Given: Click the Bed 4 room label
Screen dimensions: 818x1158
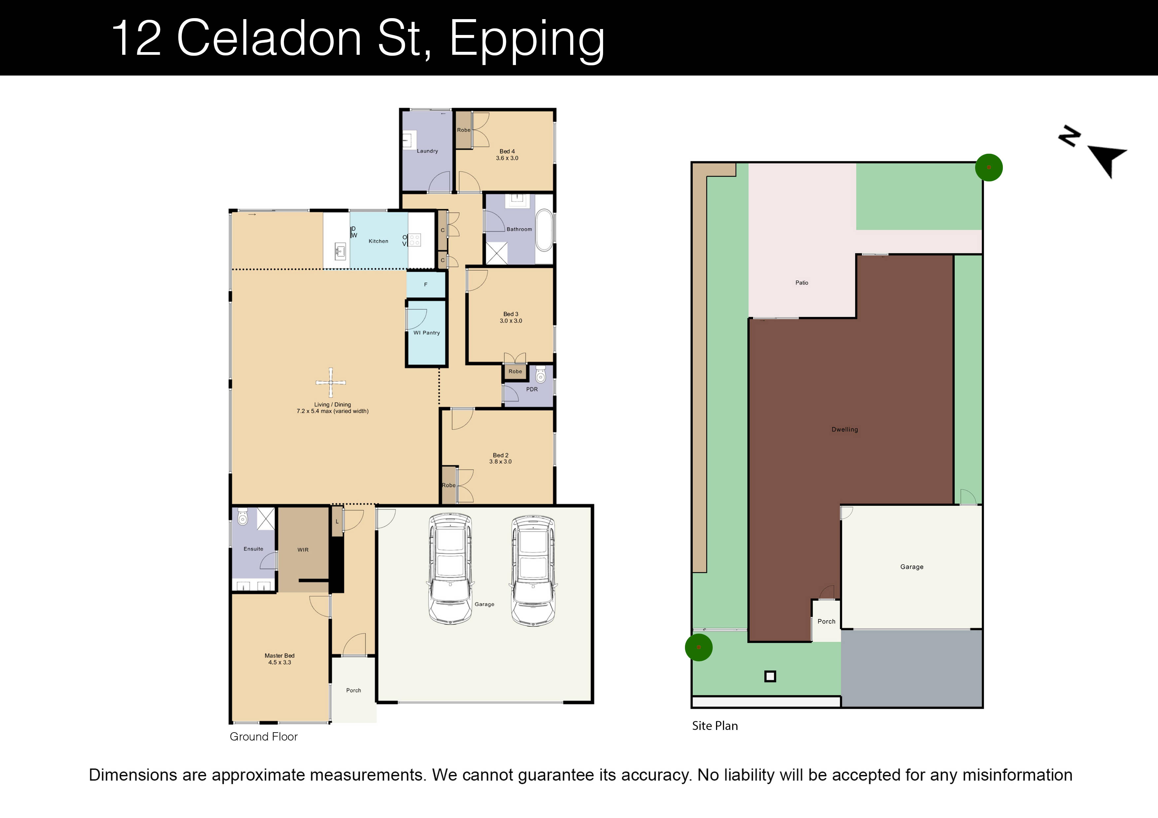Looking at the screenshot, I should click(507, 155).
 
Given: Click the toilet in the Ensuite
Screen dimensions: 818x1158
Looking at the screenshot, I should click(243, 517).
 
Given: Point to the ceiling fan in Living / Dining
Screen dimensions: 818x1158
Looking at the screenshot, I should click(331, 383).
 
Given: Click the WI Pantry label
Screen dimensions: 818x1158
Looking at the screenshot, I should click(427, 333).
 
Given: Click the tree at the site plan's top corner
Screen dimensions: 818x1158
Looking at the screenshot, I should click(989, 167).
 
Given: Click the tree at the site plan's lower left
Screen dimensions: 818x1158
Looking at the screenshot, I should click(698, 647).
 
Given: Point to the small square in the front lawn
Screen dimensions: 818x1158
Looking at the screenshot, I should click(770, 676).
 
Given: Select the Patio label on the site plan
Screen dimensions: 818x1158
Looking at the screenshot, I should click(801, 283).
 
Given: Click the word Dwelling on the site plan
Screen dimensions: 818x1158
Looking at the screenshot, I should click(844, 429).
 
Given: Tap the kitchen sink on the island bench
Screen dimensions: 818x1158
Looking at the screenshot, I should click(340, 250).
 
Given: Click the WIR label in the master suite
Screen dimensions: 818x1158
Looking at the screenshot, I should click(303, 550).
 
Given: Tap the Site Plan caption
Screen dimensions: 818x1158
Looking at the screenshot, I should click(715, 726).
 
